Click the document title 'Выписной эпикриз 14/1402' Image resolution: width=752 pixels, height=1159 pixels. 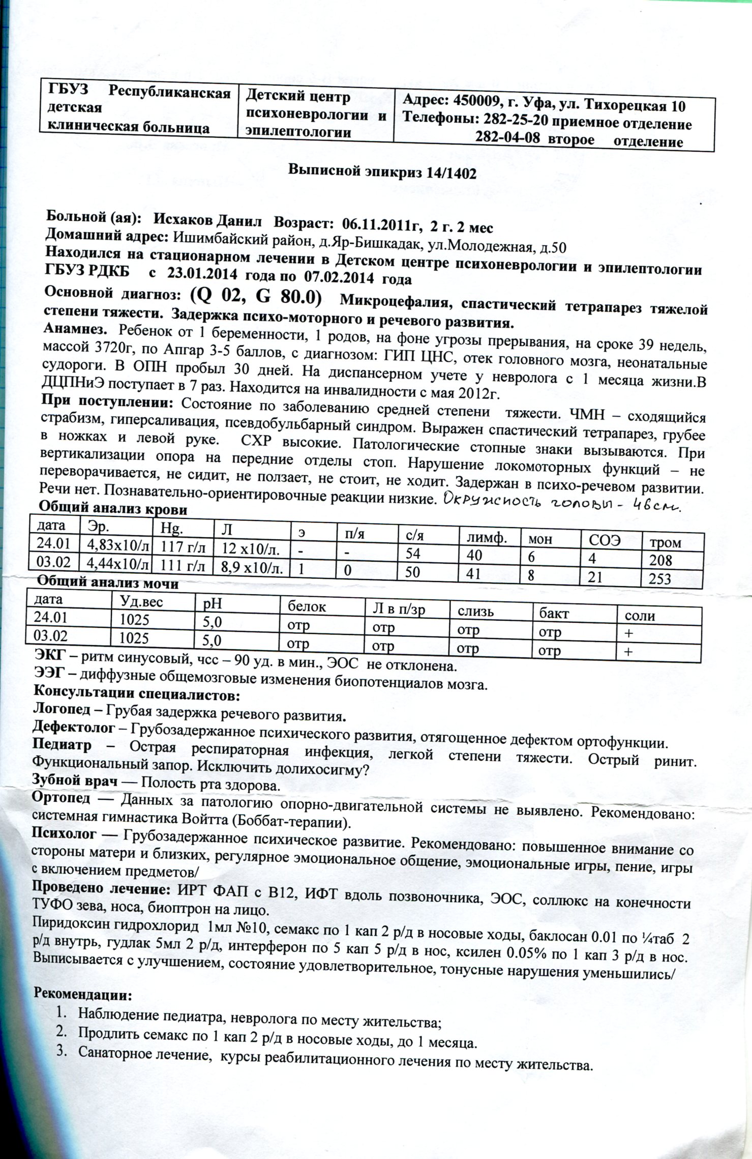click(x=382, y=172)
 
